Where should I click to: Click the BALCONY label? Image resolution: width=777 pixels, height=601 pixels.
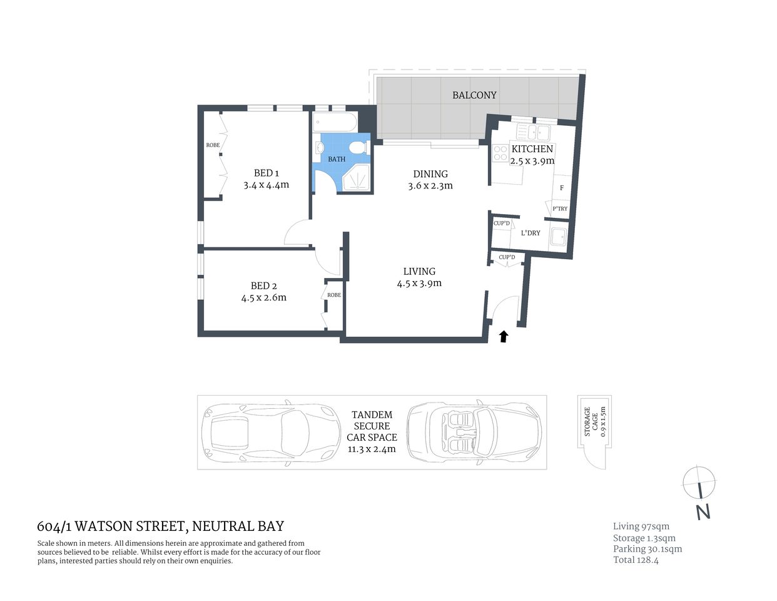tap(474, 95)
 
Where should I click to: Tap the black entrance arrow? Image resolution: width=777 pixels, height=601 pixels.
tap(503, 337)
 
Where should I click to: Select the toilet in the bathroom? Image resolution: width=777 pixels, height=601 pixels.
tap(357, 148)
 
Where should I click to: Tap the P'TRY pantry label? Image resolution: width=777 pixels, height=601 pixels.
tap(559, 209)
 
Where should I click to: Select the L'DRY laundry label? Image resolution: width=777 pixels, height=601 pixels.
tap(531, 233)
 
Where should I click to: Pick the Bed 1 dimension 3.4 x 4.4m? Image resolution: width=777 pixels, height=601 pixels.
tap(266, 185)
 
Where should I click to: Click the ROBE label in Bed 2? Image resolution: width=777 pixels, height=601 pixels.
tap(334, 295)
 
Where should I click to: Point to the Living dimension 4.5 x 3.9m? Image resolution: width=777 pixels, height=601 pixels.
tap(419, 283)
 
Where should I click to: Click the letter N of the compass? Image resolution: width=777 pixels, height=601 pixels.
tap(703, 512)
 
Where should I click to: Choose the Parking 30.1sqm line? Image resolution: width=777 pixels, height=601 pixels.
tap(647, 549)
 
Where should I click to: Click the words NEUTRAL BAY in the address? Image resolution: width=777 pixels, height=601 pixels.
tap(238, 527)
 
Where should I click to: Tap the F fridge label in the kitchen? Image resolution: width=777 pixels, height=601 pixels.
tap(561, 188)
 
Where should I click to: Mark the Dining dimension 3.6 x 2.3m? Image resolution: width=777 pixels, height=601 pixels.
tap(430, 185)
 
